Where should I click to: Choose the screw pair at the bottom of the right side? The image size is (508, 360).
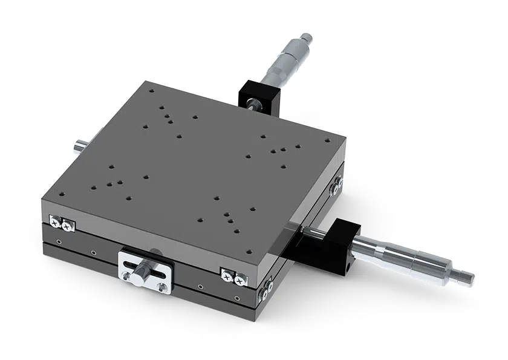pyautogui.click(x=266, y=289)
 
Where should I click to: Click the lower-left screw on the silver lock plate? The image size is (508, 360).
pyautogui.click(x=125, y=277)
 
